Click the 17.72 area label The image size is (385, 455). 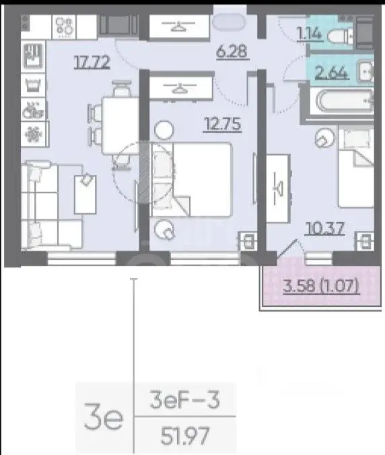[92, 62]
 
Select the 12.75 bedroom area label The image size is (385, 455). [223, 125]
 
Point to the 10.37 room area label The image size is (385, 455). [325, 228]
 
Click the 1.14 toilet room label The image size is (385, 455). [310, 34]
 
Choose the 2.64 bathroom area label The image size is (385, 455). [331, 72]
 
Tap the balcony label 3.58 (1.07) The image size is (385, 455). [322, 286]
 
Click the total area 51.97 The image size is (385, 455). [185, 436]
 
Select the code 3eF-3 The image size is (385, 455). [184, 400]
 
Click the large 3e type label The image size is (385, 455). [104, 417]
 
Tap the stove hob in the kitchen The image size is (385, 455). [64, 27]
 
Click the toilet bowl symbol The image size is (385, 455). [340, 36]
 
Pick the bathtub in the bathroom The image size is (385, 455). [344, 101]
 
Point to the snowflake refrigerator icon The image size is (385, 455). [33, 135]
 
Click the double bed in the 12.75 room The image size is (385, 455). [192, 180]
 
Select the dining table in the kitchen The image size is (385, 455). [120, 126]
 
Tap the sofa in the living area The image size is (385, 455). [51, 205]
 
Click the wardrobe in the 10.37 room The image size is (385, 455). [278, 188]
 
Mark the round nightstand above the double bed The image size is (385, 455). [164, 130]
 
